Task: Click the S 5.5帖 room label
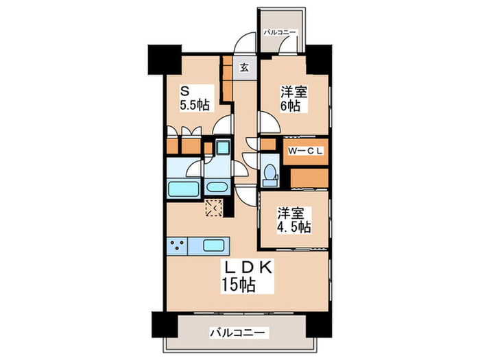[x=193, y=98]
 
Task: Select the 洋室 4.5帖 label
[x=293, y=219]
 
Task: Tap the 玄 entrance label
[x=245, y=67]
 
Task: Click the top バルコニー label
[x=279, y=32]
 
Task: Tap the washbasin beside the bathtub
[x=218, y=187]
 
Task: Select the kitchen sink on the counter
[x=213, y=245]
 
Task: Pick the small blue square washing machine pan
[x=222, y=146]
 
